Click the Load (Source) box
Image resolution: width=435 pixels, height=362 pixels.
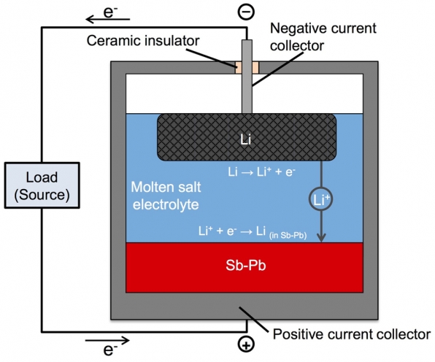pyautogui.click(x=42, y=185)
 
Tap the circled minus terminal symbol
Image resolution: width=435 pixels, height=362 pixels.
pyautogui.click(x=246, y=12)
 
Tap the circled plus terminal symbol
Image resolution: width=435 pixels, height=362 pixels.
pyautogui.click(x=246, y=344)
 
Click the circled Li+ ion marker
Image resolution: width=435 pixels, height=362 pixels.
pyautogui.click(x=321, y=199)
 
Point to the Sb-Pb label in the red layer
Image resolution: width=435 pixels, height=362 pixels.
pyautogui.click(x=246, y=265)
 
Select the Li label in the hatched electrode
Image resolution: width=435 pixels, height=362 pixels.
pyautogui.click(x=246, y=139)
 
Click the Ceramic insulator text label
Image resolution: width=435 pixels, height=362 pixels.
pyautogui.click(x=143, y=40)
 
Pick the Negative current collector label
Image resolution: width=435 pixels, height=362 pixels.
pyautogui.click(x=323, y=37)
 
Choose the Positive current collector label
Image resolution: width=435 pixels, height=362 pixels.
pyautogui.click(x=352, y=334)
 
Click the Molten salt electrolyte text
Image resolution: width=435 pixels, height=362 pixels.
pyautogui.click(x=166, y=196)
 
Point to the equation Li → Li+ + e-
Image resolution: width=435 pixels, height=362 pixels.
pyautogui.click(x=261, y=172)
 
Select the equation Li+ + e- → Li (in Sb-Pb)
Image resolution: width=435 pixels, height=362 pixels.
pyautogui.click(x=253, y=231)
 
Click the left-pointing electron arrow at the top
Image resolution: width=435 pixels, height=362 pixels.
pyautogui.click(x=107, y=19)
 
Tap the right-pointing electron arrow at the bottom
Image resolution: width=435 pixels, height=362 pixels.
pyautogui.click(x=107, y=340)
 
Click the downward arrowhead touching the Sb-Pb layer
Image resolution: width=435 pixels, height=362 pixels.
pyautogui.click(x=321, y=237)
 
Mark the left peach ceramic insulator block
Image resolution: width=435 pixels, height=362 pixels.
pyautogui.click(x=239, y=68)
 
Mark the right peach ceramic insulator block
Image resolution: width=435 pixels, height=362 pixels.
pyautogui.click(x=255, y=68)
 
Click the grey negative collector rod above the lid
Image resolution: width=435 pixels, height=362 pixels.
pyautogui.click(x=247, y=51)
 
